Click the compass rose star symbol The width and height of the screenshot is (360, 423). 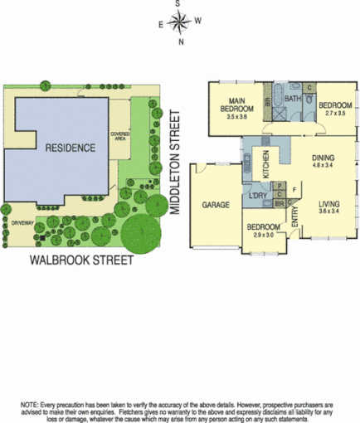[x=180, y=22]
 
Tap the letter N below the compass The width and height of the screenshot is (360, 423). [x=180, y=41]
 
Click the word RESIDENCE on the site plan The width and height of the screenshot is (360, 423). [x=70, y=148]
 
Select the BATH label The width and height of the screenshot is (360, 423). [x=292, y=99]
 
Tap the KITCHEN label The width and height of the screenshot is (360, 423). [x=266, y=165]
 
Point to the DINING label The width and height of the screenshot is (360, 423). [x=323, y=156]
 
